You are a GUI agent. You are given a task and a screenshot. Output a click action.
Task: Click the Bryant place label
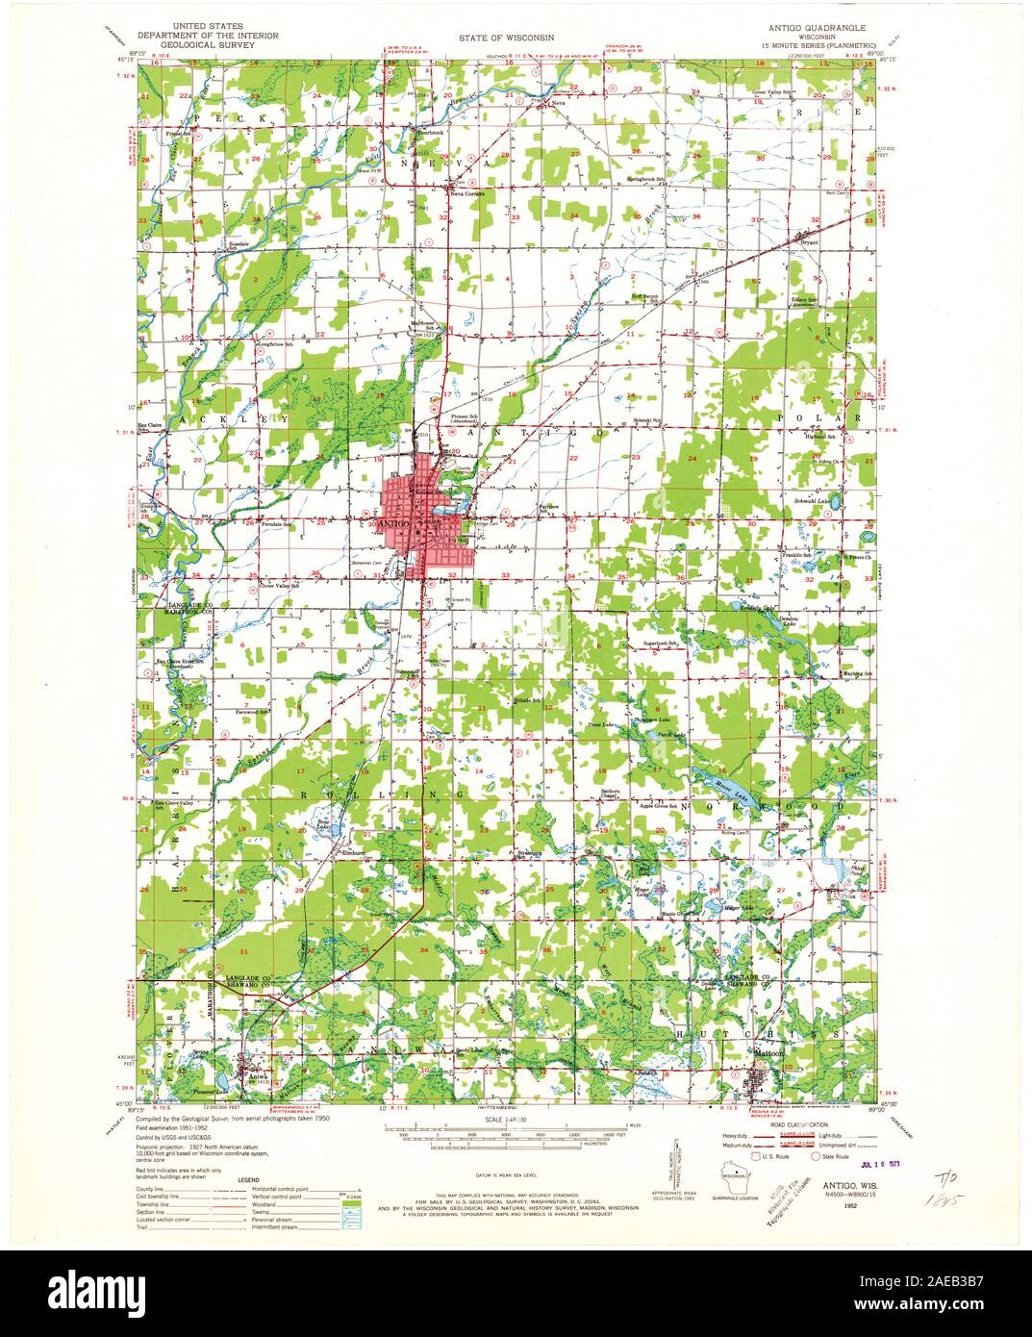(808, 244)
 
